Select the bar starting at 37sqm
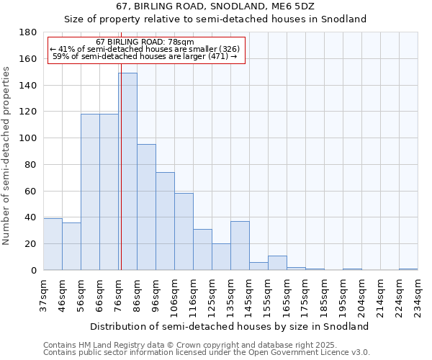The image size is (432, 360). [53, 244]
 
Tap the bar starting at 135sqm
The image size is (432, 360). [240, 246]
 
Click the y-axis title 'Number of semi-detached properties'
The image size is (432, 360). [6, 156]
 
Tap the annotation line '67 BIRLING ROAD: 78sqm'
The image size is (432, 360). [145, 42]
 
